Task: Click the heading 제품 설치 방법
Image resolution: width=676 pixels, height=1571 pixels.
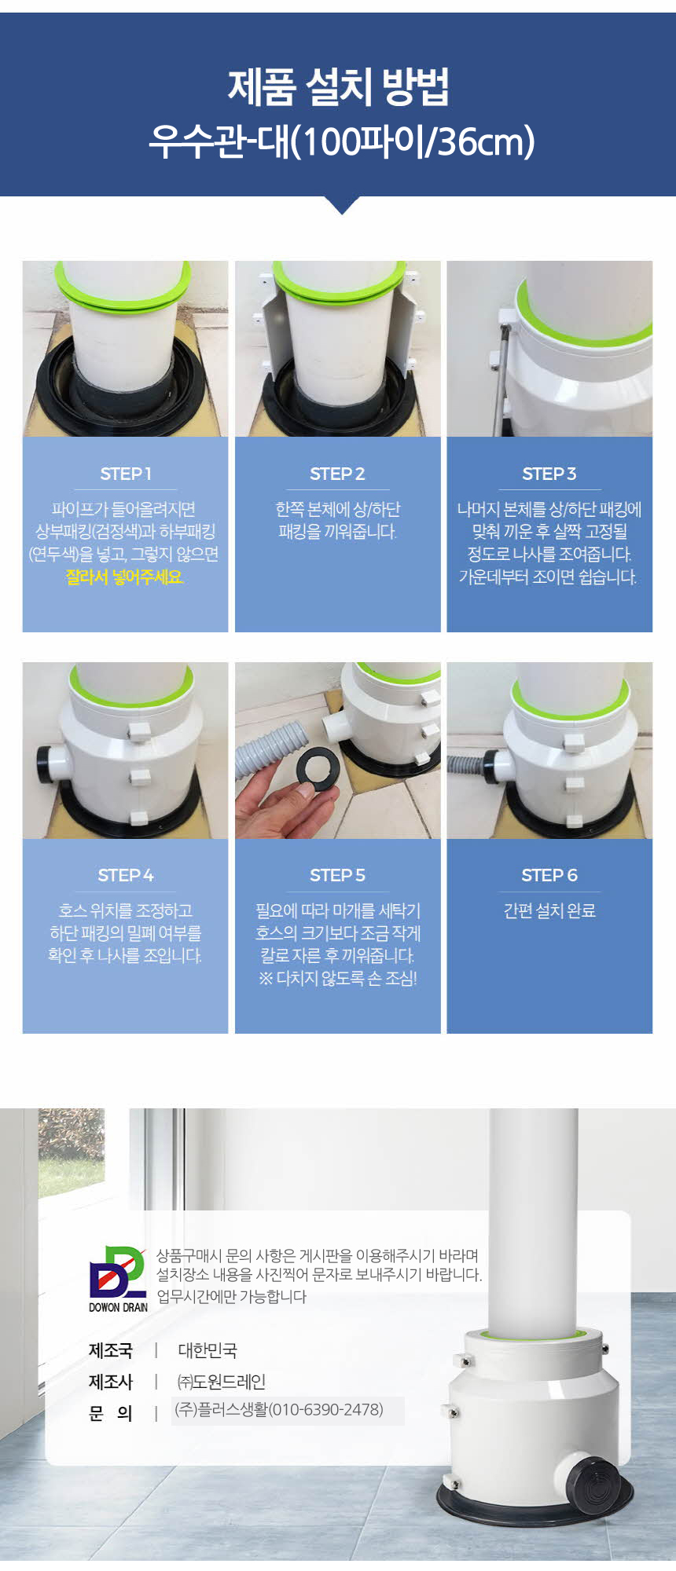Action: pos(338,87)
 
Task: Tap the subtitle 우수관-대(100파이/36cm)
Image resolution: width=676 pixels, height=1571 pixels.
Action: pos(342,141)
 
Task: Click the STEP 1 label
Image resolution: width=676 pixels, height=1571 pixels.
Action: pos(126,474)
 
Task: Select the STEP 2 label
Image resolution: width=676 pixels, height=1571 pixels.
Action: pos(337,474)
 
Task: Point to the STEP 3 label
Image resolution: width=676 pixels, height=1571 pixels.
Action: pos(549,474)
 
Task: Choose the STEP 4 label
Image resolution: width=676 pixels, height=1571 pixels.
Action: pos(126,875)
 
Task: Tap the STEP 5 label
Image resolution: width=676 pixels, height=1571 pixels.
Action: pos(337,875)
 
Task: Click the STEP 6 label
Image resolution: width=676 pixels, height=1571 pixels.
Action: pos(549,875)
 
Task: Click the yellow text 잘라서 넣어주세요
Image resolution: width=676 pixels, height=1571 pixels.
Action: pos(125,577)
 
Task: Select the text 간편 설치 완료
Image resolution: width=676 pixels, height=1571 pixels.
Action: pos(549,910)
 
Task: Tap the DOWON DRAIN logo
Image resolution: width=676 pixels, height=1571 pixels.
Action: pos(118,1279)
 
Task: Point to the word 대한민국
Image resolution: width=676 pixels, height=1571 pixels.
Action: pos(208,1350)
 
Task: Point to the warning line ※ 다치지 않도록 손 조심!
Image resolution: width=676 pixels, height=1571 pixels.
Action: pos(337,979)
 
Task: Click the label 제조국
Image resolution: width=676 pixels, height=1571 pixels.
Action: pos(111,1350)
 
